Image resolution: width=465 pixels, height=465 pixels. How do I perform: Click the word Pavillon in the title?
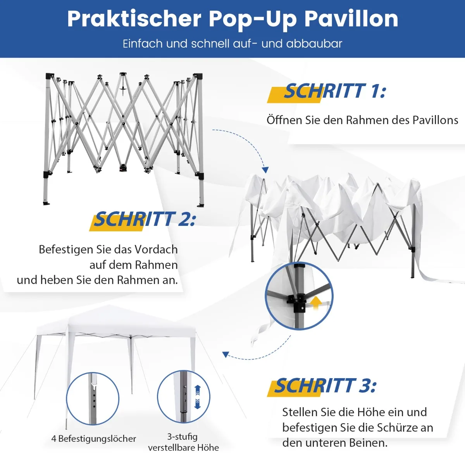tap(351, 19)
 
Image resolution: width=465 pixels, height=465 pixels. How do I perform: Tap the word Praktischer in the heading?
tap(134, 19)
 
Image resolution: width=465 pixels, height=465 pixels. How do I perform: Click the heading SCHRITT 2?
tap(144, 219)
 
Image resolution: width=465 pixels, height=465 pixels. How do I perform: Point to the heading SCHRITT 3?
tap(325, 386)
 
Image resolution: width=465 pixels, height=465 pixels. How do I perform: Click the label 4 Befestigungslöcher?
tap(94, 438)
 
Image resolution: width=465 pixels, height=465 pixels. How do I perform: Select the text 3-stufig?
tap(183, 437)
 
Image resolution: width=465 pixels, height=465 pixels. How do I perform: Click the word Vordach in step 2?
tap(156, 250)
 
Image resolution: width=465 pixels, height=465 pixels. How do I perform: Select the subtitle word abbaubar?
tap(314, 44)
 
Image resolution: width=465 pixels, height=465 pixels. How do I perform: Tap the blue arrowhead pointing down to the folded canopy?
tap(265, 170)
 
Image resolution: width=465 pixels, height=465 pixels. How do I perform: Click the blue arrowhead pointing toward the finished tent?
tap(226, 354)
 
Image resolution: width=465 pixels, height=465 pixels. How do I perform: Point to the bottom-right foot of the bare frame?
tap(200, 205)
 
